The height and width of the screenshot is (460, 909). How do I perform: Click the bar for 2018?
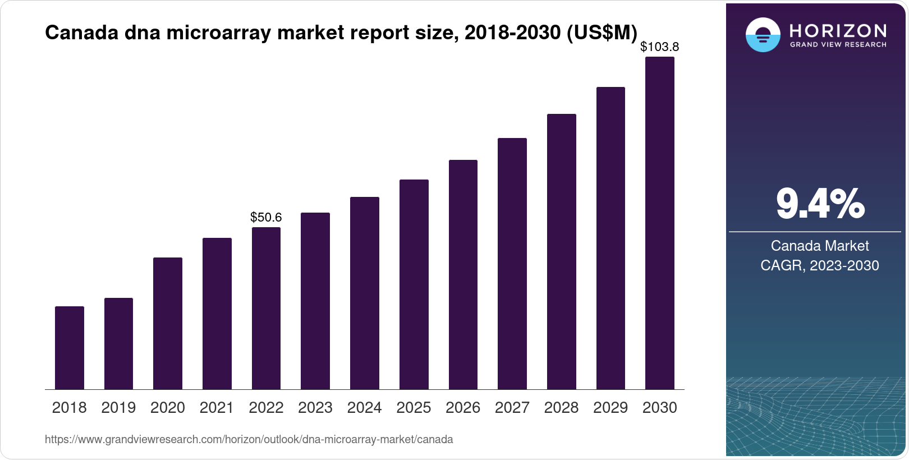pyautogui.click(x=70, y=348)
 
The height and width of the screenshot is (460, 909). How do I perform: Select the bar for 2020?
pyautogui.click(x=168, y=323)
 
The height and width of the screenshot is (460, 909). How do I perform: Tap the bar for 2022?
pyautogui.click(x=266, y=308)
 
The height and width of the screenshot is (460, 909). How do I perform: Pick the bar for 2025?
pyautogui.click(x=414, y=284)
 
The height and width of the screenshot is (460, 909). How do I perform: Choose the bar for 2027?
pyautogui.click(x=512, y=264)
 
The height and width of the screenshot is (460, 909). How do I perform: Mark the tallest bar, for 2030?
pyautogui.click(x=659, y=223)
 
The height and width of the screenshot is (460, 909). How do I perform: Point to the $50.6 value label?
pyautogui.click(x=266, y=217)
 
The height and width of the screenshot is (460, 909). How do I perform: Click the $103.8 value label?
pyautogui.click(x=659, y=47)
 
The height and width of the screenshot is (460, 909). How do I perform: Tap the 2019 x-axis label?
pyautogui.click(x=118, y=408)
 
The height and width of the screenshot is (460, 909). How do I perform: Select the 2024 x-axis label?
pyautogui.click(x=364, y=408)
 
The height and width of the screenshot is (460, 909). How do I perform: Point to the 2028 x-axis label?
pyautogui.click(x=561, y=408)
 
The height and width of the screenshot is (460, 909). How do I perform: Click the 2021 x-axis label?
pyautogui.click(x=217, y=408)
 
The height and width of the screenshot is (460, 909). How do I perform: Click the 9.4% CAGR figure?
pyautogui.click(x=820, y=204)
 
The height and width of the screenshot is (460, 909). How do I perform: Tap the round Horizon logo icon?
pyautogui.click(x=763, y=35)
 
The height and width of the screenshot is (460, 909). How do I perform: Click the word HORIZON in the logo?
pyautogui.click(x=838, y=30)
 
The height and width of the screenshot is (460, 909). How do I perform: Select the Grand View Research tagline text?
pyautogui.click(x=838, y=45)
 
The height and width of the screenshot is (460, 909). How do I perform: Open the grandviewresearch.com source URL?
pyautogui.click(x=249, y=440)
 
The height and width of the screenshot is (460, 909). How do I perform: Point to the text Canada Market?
pyautogui.click(x=820, y=246)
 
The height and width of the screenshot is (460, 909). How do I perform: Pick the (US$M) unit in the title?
pyautogui.click(x=602, y=33)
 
